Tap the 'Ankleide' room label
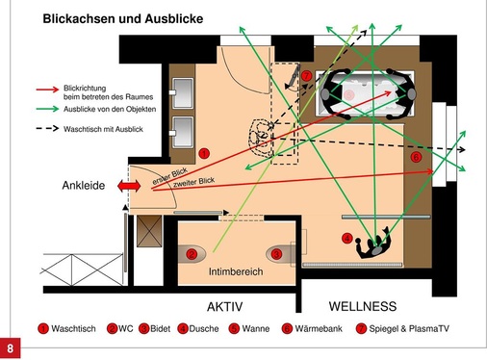(x=84, y=185)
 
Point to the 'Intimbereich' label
(x=236, y=272)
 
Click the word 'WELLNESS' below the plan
(x=363, y=306)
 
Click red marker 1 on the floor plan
(x=203, y=153)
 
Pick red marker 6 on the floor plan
(x=415, y=156)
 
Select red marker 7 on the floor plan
(x=305, y=75)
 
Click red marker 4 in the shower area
(x=346, y=238)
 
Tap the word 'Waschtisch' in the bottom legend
(x=73, y=330)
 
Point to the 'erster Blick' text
(x=167, y=177)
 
